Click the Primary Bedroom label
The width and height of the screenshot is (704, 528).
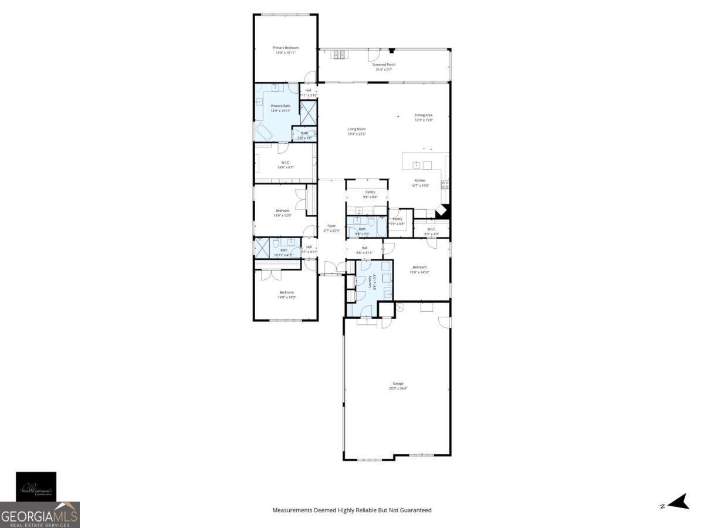(285, 48)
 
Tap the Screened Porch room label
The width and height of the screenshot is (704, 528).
(383, 65)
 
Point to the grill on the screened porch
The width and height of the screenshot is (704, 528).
(339, 55)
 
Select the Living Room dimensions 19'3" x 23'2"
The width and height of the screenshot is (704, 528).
(357, 134)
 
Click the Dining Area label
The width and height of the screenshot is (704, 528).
(424, 115)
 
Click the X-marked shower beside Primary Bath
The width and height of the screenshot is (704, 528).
(308, 112)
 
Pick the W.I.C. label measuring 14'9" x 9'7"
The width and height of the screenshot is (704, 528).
(285, 163)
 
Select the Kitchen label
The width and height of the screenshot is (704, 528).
(420, 180)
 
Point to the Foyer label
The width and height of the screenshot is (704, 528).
(331, 226)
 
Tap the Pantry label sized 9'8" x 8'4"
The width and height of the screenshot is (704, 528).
(370, 192)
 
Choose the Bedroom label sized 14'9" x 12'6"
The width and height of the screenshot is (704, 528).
(283, 211)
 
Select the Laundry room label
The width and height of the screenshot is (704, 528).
(370, 283)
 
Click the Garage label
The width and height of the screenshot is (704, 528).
(398, 384)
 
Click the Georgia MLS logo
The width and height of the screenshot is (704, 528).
(40, 515)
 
